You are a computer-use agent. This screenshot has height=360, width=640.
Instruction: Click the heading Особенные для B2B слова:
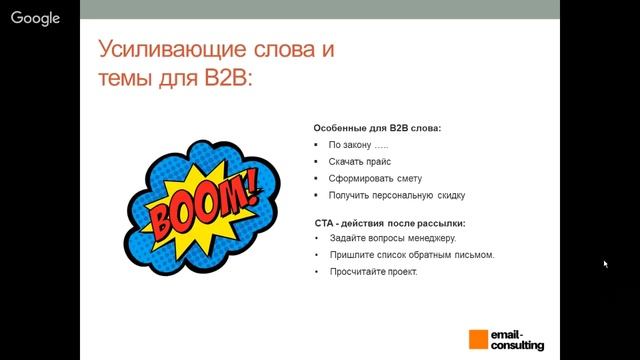tap(377, 129)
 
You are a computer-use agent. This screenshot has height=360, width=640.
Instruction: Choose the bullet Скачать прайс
tap(359, 161)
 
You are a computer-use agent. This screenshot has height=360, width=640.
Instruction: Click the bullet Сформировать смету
tap(373, 178)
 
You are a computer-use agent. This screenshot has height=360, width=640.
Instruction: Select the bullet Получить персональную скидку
tap(396, 195)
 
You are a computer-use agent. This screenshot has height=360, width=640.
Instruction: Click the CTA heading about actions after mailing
tap(389, 222)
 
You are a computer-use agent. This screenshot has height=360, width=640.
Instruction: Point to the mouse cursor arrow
tap(606, 264)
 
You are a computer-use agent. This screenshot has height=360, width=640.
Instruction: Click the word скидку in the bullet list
tap(451, 195)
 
